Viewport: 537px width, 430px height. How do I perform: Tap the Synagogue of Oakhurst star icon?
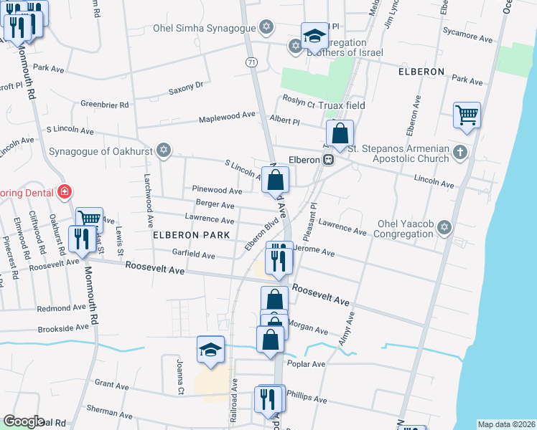tap(164, 150)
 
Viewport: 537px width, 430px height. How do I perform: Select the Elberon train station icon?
tap(327, 160)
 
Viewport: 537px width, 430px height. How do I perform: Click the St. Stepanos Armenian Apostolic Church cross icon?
tap(460, 152)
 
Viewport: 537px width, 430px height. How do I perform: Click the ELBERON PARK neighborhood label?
tap(191, 234)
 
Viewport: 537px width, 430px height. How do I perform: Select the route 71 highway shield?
tap(251, 63)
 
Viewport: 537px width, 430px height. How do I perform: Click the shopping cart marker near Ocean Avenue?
tap(467, 114)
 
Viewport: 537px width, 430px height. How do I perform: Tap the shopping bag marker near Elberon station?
tap(340, 133)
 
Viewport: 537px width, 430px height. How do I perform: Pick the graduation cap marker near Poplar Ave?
tap(210, 349)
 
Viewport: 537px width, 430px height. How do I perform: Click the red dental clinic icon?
tap(65, 191)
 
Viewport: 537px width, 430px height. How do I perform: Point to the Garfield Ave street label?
tap(193, 254)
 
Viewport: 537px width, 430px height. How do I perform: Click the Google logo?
tap(24, 421)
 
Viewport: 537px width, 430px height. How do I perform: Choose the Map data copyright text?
tap(505, 424)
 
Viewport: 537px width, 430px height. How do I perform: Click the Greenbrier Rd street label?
tap(104, 104)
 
